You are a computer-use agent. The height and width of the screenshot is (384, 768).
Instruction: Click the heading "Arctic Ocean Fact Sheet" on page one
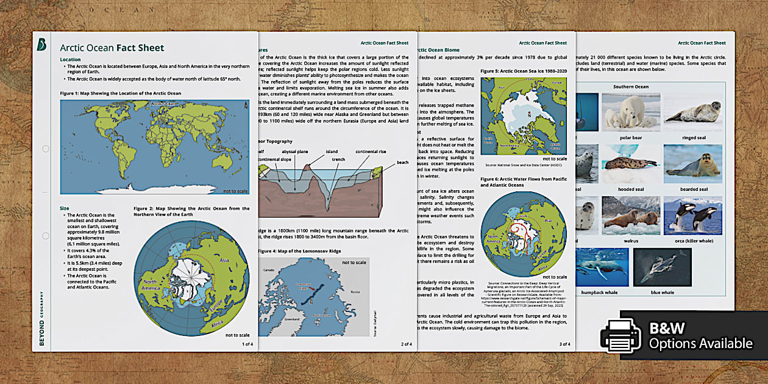[112, 48]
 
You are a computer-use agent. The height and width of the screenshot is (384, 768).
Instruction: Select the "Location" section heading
[70, 59]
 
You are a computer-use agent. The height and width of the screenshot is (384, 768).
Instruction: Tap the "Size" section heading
[65, 208]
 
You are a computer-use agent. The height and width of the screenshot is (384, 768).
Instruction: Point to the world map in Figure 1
[154, 147]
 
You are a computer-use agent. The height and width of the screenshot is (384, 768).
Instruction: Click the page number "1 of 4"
[247, 344]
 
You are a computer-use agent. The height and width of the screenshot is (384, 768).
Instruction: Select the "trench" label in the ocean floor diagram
[338, 160]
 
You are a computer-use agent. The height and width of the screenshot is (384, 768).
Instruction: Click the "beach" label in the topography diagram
[403, 162]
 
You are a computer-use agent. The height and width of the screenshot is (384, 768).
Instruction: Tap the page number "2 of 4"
[406, 344]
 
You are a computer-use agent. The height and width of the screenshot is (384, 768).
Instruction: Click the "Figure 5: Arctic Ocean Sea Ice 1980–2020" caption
[524, 71]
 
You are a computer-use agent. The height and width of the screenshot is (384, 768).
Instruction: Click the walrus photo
[630, 215]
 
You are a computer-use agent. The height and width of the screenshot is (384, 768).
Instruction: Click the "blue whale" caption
[662, 293]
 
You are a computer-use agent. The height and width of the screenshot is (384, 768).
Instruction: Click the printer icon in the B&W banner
[620, 336]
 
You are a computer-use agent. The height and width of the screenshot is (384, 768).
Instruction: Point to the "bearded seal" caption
[694, 189]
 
